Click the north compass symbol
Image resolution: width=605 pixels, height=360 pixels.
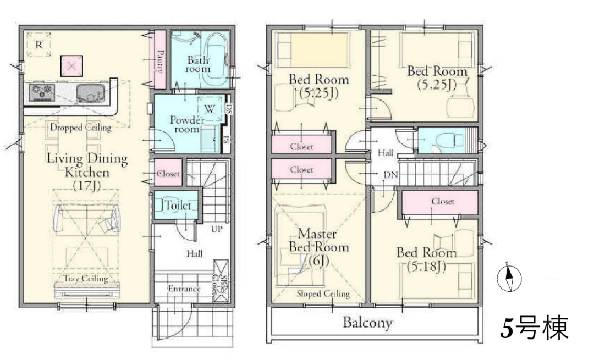(509, 277)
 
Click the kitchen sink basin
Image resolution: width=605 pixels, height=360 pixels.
(91, 93)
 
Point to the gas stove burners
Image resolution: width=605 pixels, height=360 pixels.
(42, 92)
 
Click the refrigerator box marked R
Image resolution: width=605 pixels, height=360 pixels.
(38, 45)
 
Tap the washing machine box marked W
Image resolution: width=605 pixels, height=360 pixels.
(210, 109)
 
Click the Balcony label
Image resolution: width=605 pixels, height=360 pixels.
(367, 323)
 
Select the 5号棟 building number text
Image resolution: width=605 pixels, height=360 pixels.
(535, 328)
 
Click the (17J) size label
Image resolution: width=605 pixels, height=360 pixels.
(87, 186)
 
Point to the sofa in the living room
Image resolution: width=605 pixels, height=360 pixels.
(87, 219)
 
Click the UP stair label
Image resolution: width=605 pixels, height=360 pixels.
(217, 229)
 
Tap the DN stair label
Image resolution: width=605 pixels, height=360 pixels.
(391, 175)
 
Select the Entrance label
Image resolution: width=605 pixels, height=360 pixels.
(184, 289)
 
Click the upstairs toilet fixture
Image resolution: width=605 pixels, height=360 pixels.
(448, 141)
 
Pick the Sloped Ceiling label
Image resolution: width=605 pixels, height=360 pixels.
(323, 293)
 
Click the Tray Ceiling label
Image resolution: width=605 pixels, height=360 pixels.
(86, 279)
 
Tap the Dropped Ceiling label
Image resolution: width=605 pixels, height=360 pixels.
(81, 127)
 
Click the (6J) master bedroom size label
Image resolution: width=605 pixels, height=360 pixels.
(318, 261)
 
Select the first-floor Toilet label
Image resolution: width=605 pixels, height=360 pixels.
(178, 205)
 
